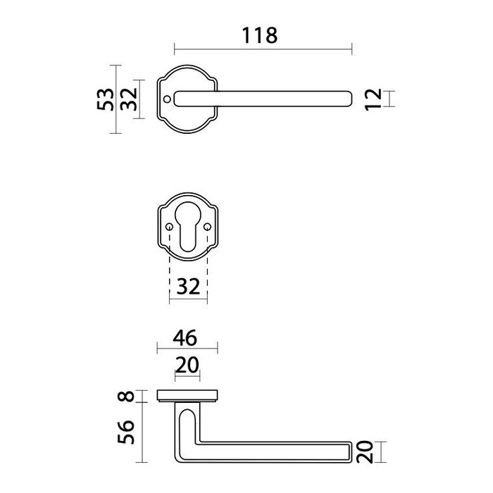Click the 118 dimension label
[259, 35]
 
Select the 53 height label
[104, 99]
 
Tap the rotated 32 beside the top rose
[127, 101]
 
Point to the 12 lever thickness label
[374, 99]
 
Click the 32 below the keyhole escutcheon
[189, 286]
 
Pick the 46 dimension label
[186, 337]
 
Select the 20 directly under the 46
[187, 365]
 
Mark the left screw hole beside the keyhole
[170, 227]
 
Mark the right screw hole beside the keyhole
[207, 227]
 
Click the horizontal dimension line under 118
[262, 49]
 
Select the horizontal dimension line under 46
[187, 347]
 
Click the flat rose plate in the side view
[187, 394]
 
